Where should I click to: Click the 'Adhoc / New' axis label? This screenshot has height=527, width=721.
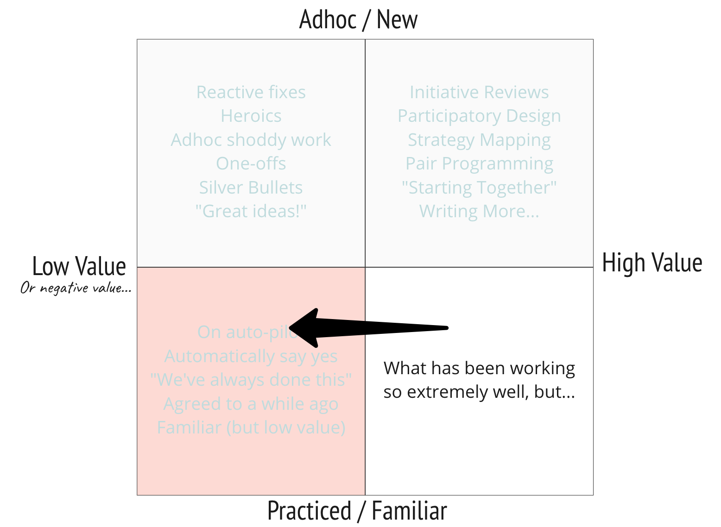pos(358,20)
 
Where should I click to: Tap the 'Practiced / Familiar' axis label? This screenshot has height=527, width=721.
pos(357,511)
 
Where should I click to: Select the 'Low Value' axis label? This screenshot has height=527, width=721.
pos(79,266)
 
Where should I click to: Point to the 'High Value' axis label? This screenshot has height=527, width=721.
pos(652,263)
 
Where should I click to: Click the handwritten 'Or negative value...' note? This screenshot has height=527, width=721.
pos(76,288)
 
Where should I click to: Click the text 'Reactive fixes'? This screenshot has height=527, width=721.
pos(251,92)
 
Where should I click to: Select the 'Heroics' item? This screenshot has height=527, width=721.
pos(251,116)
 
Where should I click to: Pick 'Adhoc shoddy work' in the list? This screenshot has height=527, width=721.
pos(251,140)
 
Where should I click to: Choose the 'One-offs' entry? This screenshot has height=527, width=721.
pos(251,163)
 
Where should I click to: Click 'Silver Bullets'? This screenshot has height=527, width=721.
pos(251,188)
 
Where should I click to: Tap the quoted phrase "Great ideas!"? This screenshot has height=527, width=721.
pos(251,211)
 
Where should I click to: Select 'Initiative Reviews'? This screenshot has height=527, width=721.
pos(479,92)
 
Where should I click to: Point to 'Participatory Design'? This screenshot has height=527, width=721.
pos(479,116)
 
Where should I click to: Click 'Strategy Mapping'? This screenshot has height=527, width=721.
pos(479,140)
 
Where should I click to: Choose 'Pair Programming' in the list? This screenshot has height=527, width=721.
pos(479,163)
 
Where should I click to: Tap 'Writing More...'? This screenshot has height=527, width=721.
pos(479,211)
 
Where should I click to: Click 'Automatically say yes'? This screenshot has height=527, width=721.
pos(251,356)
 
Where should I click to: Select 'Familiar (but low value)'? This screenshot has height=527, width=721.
pos(251,427)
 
